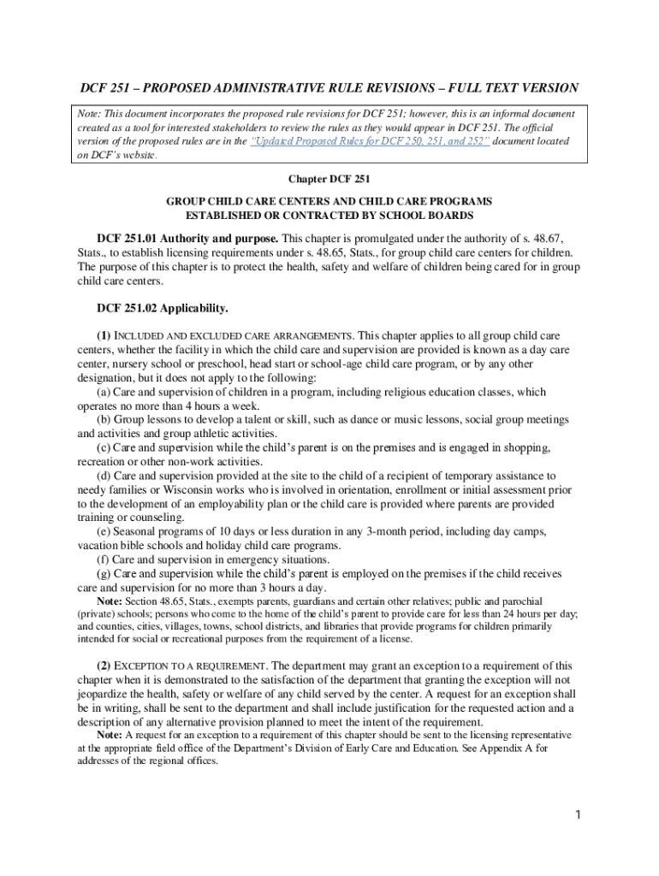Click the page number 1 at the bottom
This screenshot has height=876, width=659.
pyautogui.click(x=579, y=814)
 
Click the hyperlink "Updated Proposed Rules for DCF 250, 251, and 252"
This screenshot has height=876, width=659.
pyautogui.click(x=369, y=141)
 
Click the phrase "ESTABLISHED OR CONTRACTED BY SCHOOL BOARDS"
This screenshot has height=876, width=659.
pyautogui.click(x=329, y=214)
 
